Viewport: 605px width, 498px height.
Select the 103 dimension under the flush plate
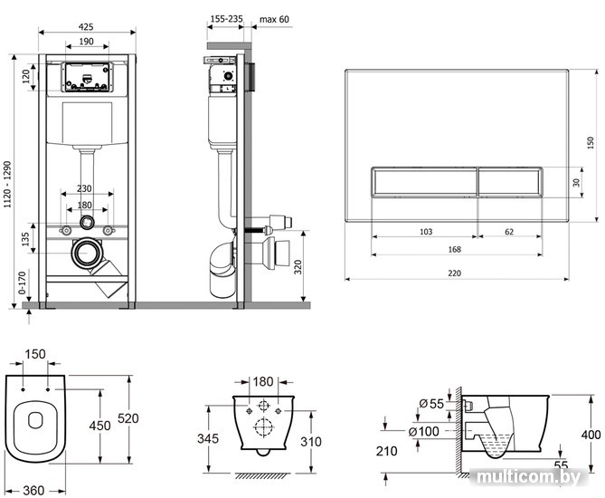(426, 232)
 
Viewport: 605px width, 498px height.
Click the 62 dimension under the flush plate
(508, 232)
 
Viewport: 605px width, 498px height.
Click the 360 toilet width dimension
(33, 490)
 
